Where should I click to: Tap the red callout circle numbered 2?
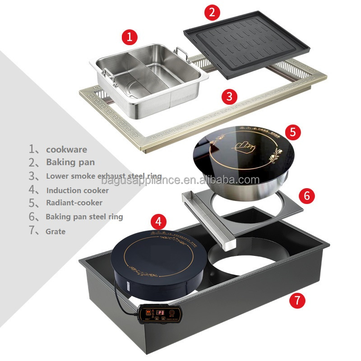pyautogui.click(x=212, y=12)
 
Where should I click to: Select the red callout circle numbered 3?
pyautogui.click(x=230, y=96)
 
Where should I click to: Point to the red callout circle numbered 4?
pyautogui.click(x=158, y=222)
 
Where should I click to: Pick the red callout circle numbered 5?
pyautogui.click(x=293, y=132)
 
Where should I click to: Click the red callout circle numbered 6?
pyautogui.click(x=306, y=195)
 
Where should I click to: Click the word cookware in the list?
pyautogui.click(x=66, y=149)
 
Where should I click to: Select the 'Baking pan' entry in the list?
pyautogui.click(x=70, y=162)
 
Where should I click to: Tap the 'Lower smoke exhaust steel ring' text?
pyautogui.click(x=103, y=176)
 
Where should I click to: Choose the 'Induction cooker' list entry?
pyautogui.click(x=77, y=190)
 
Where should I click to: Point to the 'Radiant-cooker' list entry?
pyautogui.click(x=74, y=203)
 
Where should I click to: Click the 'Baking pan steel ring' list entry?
pyautogui.click(x=84, y=217)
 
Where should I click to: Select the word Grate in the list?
pyautogui.click(x=56, y=231)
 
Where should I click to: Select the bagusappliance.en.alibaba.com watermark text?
pyautogui.click(x=180, y=181)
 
